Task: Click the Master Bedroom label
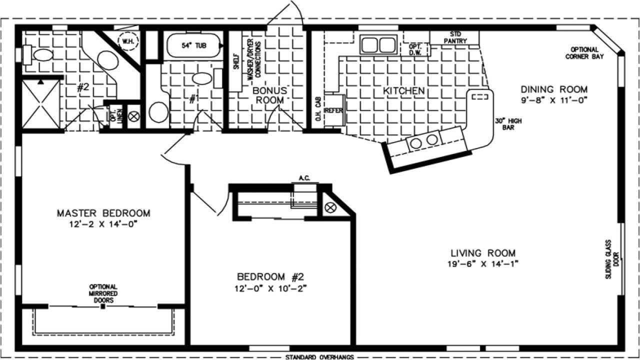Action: point(103,213)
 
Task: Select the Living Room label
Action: point(482,253)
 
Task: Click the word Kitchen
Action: point(403,91)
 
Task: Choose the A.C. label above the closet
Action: point(304,178)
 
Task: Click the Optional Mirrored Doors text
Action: point(103,293)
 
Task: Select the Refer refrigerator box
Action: point(333,110)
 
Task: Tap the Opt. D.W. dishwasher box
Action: point(415,48)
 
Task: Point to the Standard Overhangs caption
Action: point(319,356)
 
